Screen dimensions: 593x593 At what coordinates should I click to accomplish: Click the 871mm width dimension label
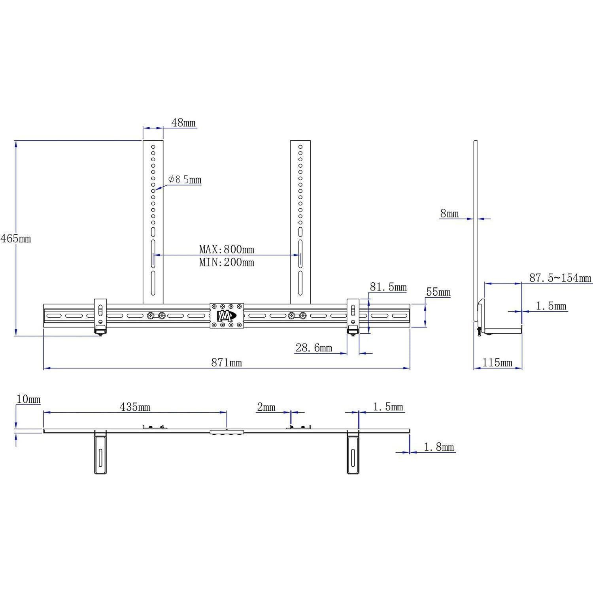coord(226,362)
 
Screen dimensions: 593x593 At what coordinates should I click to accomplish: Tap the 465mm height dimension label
coord(15,239)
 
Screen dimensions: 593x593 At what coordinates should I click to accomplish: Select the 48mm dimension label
coord(183,123)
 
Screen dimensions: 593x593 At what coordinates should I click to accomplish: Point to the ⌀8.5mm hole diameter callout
coord(185,180)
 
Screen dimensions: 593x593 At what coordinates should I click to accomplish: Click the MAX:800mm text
coord(227,249)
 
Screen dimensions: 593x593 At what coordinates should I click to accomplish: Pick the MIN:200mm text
coord(227,262)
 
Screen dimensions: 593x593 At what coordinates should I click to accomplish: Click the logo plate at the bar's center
coord(227,316)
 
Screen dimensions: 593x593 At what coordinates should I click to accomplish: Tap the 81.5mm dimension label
coord(388,287)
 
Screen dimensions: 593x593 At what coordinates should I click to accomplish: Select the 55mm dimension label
coord(438,292)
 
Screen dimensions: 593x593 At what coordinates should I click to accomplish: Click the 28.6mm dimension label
coord(314,348)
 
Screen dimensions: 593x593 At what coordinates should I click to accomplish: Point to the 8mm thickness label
coord(449,214)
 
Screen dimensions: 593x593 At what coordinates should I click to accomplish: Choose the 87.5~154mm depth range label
coord(561,278)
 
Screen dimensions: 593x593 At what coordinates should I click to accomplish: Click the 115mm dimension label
coord(497,362)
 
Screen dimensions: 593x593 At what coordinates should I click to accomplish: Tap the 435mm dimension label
coord(135,407)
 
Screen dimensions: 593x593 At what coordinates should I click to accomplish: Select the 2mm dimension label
coord(266,407)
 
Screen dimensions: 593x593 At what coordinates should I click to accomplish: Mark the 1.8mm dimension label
coord(439,447)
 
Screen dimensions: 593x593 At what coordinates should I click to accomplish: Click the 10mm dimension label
coord(28,399)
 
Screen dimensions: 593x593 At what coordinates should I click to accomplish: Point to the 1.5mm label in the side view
coord(551,306)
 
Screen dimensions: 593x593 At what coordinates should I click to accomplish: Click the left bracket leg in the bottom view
coord(100,453)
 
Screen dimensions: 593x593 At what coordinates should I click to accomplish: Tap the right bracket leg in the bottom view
coord(353,453)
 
